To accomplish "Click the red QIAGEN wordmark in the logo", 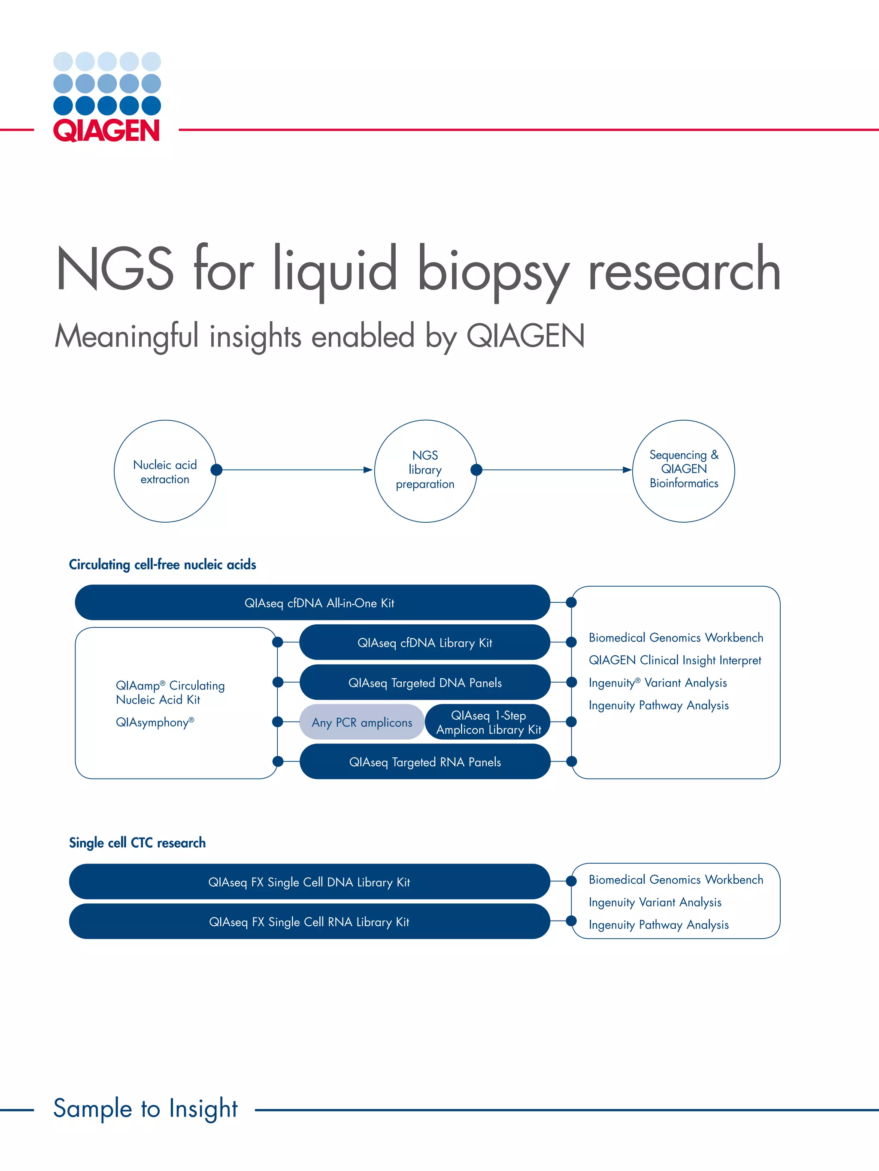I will click(106, 130).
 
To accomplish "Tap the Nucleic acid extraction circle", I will click(165, 471).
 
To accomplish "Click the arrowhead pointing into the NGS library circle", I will click(368, 470).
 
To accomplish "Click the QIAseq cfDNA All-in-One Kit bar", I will click(312, 602).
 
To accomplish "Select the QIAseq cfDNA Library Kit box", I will click(424, 643).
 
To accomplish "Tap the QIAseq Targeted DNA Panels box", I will click(424, 682).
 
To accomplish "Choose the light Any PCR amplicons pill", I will click(362, 722).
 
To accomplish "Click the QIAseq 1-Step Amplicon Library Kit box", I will click(488, 722).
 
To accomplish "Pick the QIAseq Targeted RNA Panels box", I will click(424, 762).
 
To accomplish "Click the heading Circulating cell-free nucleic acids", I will click(162, 565).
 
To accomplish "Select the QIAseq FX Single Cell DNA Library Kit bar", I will click(309, 882).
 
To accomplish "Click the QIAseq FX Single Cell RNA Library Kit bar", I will click(309, 921).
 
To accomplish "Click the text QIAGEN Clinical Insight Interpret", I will click(674, 660).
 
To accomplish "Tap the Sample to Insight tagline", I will click(145, 1108).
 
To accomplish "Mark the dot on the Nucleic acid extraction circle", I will click(216, 470).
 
